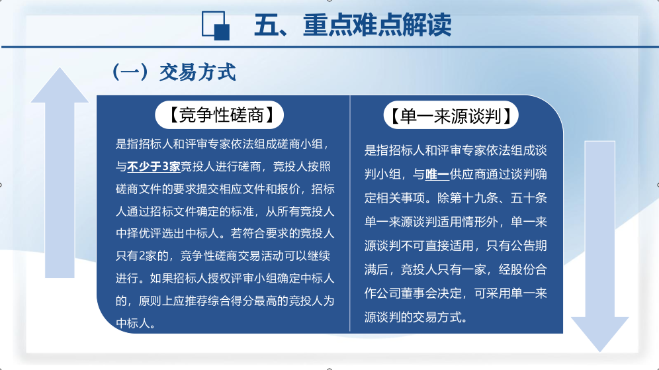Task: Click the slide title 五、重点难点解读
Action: pyautogui.click(x=353, y=25)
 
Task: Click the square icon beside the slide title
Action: pyautogui.click(x=216, y=26)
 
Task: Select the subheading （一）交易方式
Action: pyautogui.click(x=173, y=72)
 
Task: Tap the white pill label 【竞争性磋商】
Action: pyautogui.click(x=220, y=115)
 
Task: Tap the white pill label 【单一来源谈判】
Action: pyautogui.click(x=451, y=115)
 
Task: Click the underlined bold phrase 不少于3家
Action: pyautogui.click(x=154, y=167)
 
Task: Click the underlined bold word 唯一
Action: pyautogui.click(x=437, y=174)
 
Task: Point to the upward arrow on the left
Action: pyautogui.click(x=60, y=172)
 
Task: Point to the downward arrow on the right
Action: pyautogui.click(x=599, y=246)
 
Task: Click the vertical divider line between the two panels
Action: pyautogui.click(x=349, y=214)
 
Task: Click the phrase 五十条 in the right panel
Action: pyautogui.click(x=529, y=198)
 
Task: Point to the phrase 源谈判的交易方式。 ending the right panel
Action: pyautogui.click(x=416, y=317)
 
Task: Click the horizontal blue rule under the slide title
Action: pyautogui.click(x=329, y=47)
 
